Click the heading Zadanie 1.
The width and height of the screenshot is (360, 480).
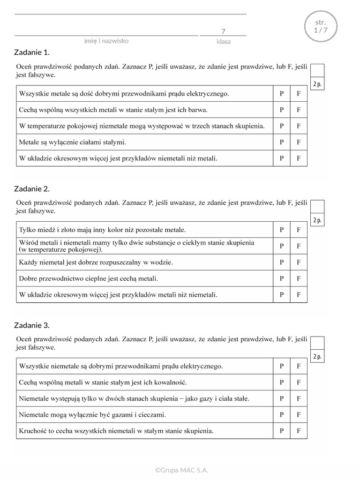(x=32, y=52)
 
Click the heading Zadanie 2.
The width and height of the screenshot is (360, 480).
(x=32, y=189)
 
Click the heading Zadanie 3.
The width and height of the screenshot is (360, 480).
(x=32, y=325)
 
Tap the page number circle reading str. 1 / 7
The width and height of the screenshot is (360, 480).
(x=321, y=27)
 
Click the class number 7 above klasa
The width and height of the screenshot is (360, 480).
(x=223, y=31)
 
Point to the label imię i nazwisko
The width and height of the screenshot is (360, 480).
(x=106, y=41)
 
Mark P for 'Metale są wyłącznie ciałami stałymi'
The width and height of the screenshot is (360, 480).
(x=282, y=142)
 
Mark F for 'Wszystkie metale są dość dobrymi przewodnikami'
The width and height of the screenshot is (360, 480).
(x=299, y=93)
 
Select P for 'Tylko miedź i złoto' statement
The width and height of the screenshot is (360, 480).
(x=282, y=230)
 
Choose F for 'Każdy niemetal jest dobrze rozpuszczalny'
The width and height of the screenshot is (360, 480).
(x=299, y=262)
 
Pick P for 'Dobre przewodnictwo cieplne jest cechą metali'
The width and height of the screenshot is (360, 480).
(x=282, y=278)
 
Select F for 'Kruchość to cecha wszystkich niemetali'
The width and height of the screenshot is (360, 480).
(x=299, y=430)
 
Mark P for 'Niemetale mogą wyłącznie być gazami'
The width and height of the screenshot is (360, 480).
(x=282, y=414)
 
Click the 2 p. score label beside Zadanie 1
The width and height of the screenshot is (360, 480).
(x=317, y=84)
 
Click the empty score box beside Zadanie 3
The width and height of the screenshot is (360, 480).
(x=317, y=344)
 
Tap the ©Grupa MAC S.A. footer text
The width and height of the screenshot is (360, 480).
(x=182, y=470)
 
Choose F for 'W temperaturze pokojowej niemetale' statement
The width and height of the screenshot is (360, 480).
(x=299, y=126)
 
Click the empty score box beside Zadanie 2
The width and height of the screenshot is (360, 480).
(x=317, y=207)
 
